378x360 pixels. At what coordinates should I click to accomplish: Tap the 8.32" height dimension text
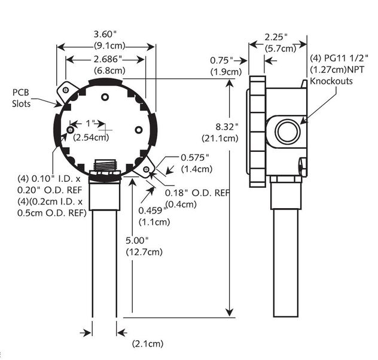pyautogui.click(x=227, y=127)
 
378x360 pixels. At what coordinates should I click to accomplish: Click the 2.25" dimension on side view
pyautogui.click(x=278, y=37)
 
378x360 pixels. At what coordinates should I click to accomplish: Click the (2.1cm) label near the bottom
pyautogui.click(x=147, y=344)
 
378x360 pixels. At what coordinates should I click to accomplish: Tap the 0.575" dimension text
pyautogui.click(x=196, y=157)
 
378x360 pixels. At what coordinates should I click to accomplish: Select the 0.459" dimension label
pyautogui.click(x=150, y=211)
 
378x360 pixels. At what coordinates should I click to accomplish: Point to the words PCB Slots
pyautogui.click(x=22, y=98)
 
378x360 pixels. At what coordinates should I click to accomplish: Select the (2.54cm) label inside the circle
pyautogui.click(x=92, y=138)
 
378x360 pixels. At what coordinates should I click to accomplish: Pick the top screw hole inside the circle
pyautogui.click(x=105, y=97)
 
